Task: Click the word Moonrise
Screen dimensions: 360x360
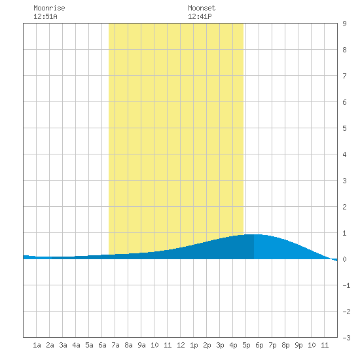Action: point(49,8)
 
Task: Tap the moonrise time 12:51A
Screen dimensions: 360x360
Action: point(45,16)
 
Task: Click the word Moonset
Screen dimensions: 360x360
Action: point(202,8)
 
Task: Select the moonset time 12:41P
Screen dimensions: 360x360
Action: point(200,16)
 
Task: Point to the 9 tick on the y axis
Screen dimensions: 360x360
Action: point(344,24)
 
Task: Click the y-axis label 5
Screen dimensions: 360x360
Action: point(344,128)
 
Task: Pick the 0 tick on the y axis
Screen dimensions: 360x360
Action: point(344,259)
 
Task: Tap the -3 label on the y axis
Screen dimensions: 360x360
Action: point(346,338)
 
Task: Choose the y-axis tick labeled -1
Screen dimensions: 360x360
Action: point(346,285)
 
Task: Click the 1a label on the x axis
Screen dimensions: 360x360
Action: point(37,345)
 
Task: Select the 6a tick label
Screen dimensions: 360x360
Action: point(102,345)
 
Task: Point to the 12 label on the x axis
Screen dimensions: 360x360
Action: point(181,345)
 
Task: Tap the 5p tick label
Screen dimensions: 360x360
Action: point(246,345)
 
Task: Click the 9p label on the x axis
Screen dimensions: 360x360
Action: point(298,345)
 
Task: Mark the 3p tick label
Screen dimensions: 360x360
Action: point(220,345)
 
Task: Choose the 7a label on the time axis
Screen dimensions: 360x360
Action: point(115,345)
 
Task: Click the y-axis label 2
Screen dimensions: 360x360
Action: point(344,207)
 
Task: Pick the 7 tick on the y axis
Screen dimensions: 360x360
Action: point(344,76)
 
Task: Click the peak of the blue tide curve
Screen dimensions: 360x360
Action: point(254,234)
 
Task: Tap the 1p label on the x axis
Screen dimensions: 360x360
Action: point(194,345)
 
